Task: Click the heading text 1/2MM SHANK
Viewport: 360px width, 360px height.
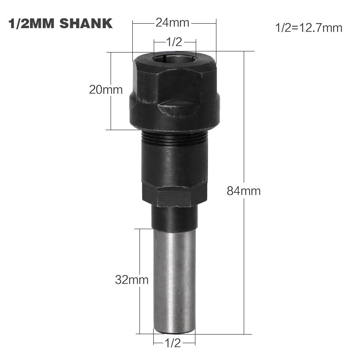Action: point(60,23)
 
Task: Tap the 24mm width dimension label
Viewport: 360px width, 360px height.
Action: point(173,23)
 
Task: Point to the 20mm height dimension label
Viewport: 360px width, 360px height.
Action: point(106,90)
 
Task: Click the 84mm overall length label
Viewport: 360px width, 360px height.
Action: point(243,191)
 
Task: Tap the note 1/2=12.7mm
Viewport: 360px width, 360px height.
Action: point(309,28)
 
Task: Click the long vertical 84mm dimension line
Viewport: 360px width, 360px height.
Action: point(244,262)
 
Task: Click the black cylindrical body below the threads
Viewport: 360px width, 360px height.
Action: point(174,165)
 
